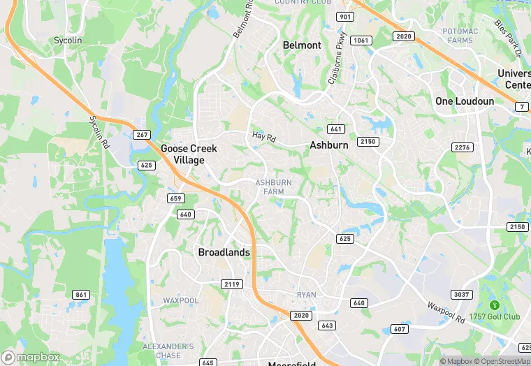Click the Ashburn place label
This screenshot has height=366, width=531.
pyautogui.click(x=328, y=145)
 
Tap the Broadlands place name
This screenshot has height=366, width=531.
pyautogui.click(x=224, y=252)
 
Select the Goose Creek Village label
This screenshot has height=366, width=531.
pyautogui.click(x=189, y=154)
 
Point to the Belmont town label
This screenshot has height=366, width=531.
pyautogui.click(x=302, y=45)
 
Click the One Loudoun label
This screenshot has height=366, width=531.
pyautogui.click(x=465, y=101)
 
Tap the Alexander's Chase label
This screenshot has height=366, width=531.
pyautogui.click(x=168, y=351)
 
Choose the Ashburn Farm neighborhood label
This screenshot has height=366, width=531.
pyautogui.click(x=273, y=187)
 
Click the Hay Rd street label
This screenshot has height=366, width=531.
pyautogui.click(x=264, y=138)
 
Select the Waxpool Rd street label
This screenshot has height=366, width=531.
pyautogui.click(x=446, y=308)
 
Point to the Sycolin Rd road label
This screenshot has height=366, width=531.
pyautogui.click(x=100, y=131)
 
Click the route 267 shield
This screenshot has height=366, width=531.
pyautogui.click(x=142, y=135)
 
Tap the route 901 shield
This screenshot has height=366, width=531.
pyautogui.click(x=344, y=16)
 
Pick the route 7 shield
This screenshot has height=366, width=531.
pyautogui.click(x=521, y=107)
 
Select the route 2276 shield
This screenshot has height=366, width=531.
pyautogui.click(x=462, y=147)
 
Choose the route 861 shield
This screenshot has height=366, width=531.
pyautogui.click(x=81, y=295)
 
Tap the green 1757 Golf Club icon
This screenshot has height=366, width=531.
pyautogui.click(x=495, y=305)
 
